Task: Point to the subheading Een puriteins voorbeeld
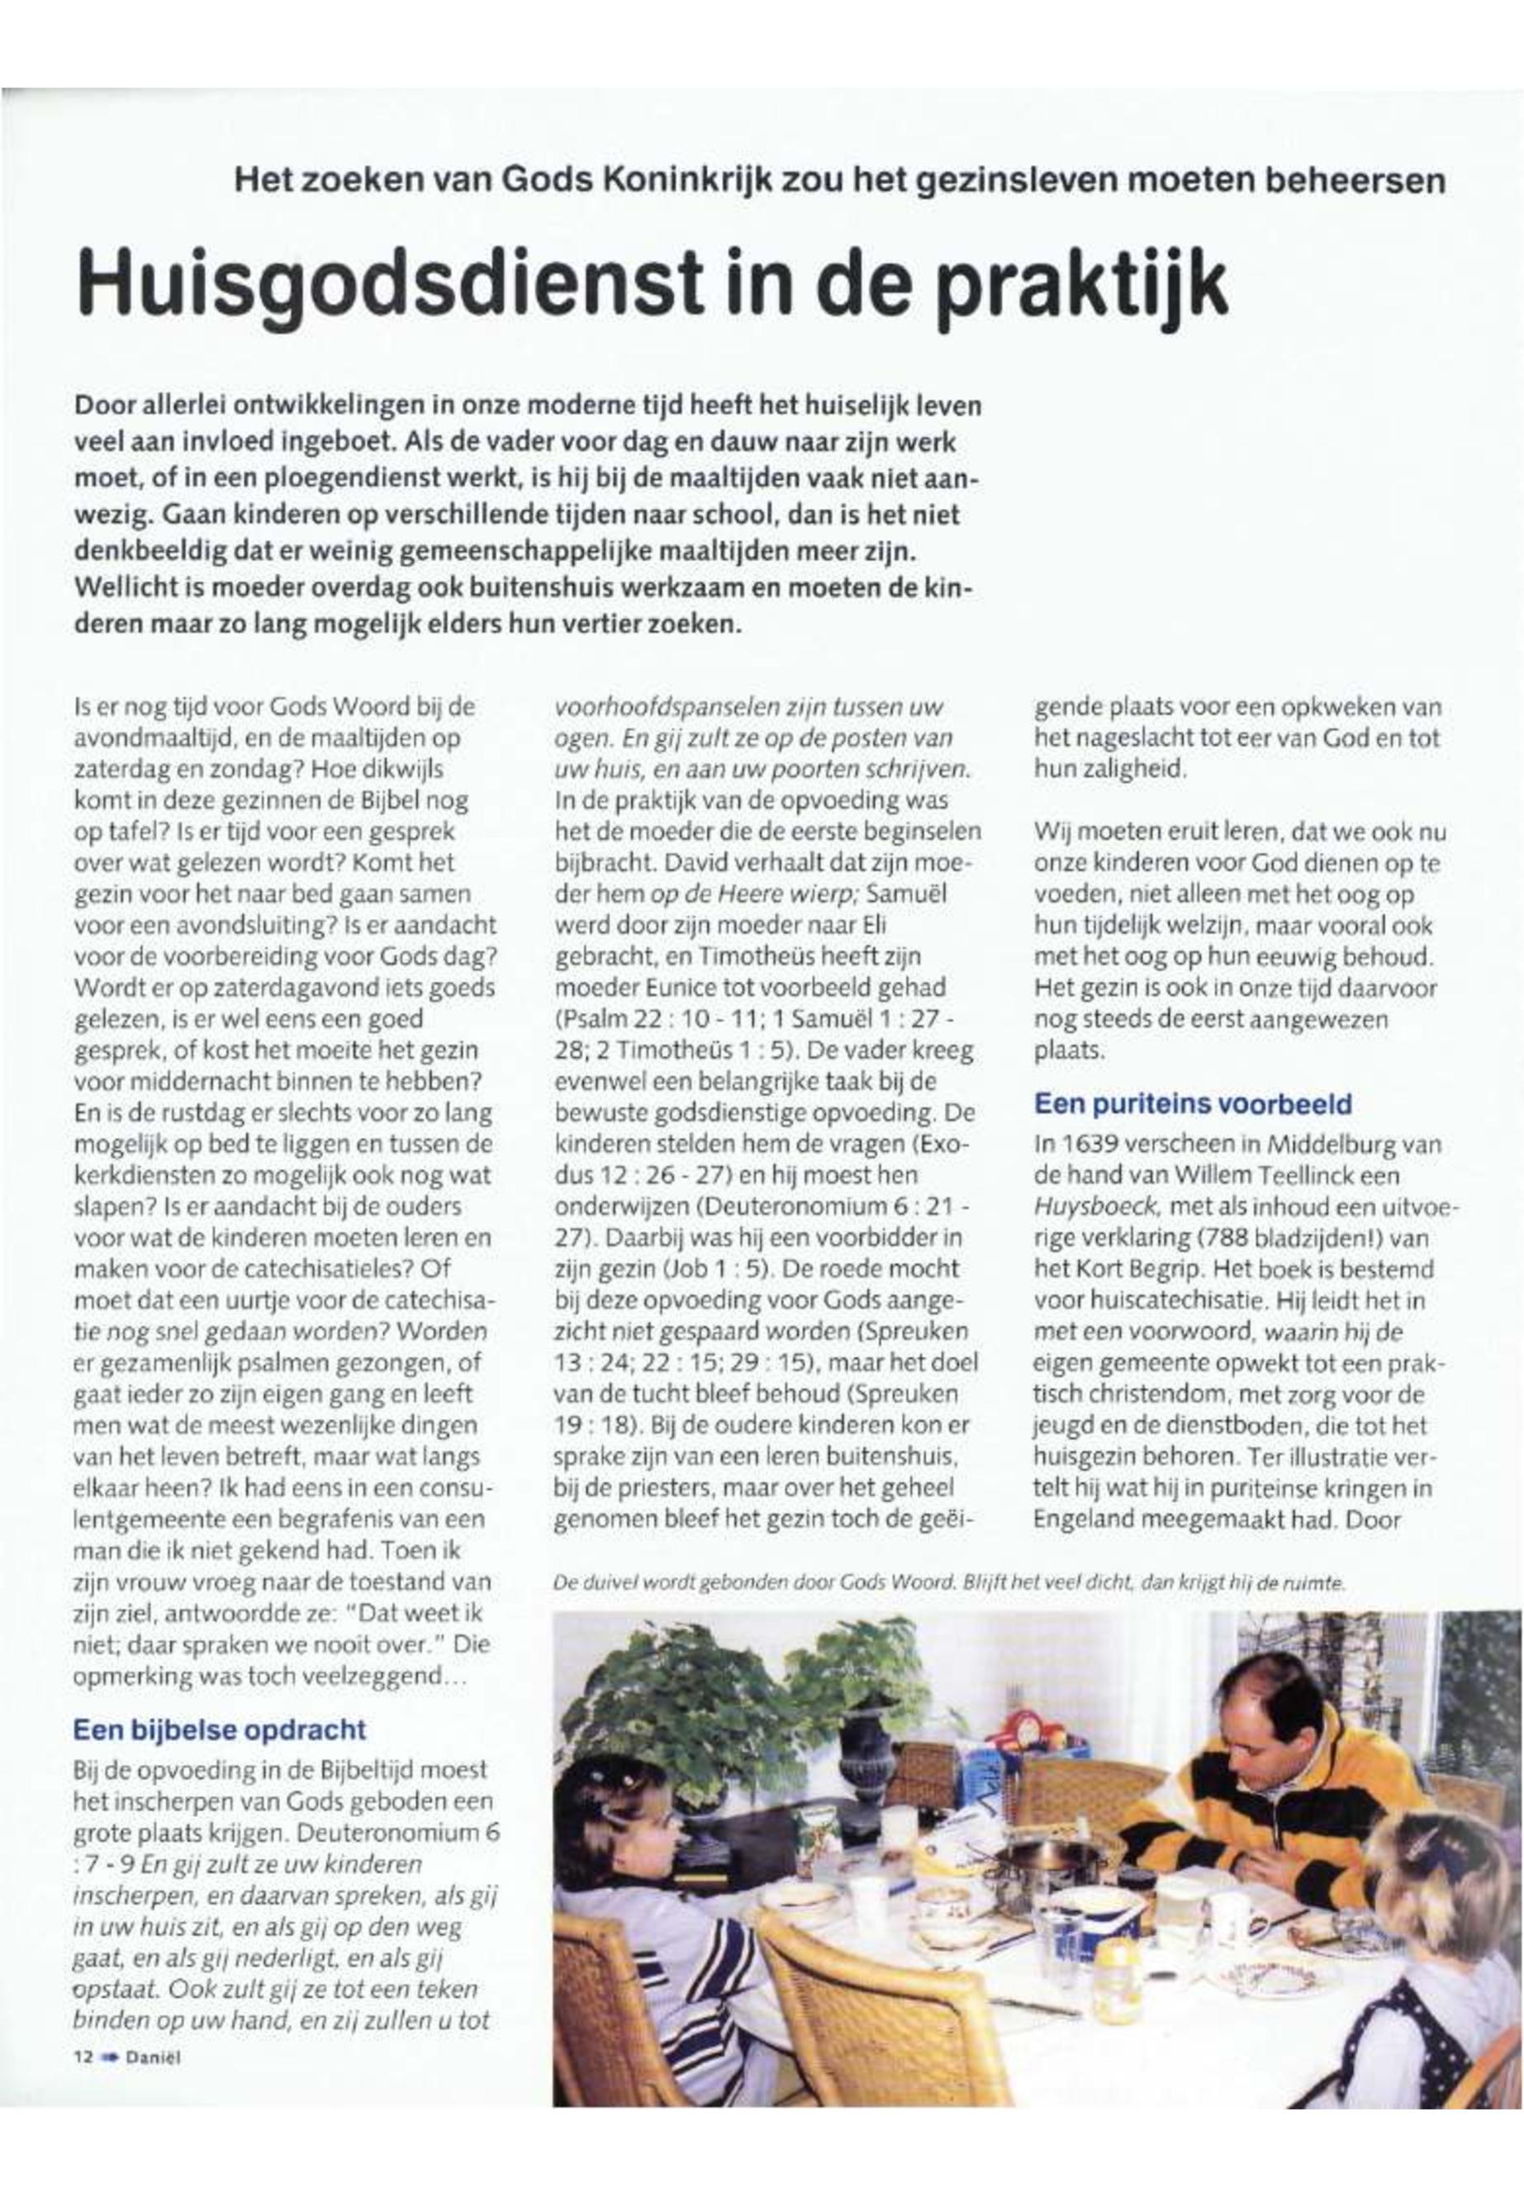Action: pos(1193,1103)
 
